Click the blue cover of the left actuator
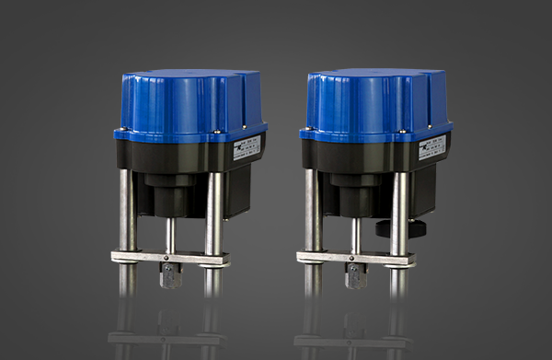(189, 101)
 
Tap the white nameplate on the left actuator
(247, 147)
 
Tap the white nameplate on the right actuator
(432, 147)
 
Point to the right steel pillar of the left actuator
(213, 212)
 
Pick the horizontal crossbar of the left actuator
(170, 258)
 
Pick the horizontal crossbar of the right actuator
(355, 258)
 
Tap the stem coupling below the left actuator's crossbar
(171, 275)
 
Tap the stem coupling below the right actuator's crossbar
(356, 275)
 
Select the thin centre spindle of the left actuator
(170, 235)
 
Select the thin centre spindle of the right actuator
(355, 235)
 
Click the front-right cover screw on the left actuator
(217, 132)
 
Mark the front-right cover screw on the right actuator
(403, 132)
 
